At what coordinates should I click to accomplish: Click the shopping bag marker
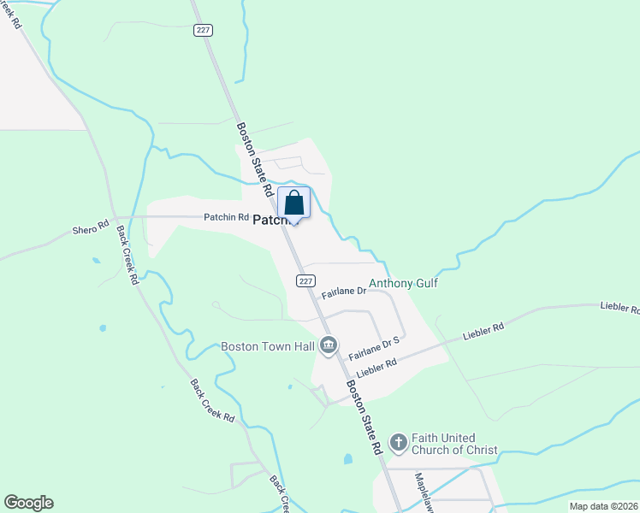[293, 205]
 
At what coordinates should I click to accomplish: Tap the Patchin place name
[272, 220]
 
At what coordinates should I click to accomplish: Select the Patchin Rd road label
[226, 217]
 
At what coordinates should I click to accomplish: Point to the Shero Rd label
[91, 228]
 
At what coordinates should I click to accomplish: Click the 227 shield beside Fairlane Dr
[307, 280]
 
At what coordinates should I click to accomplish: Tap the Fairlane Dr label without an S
[344, 292]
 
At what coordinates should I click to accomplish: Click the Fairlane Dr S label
[375, 345]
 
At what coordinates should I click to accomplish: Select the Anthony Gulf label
[403, 283]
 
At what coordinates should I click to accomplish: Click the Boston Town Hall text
[268, 346]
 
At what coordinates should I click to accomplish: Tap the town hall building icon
[328, 346]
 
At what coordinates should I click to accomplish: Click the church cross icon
[398, 443]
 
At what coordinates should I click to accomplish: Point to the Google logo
[28, 503]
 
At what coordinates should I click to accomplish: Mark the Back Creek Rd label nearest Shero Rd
[127, 255]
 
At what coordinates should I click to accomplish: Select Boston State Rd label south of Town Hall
[364, 417]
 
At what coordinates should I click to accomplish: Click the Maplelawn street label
[425, 492]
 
